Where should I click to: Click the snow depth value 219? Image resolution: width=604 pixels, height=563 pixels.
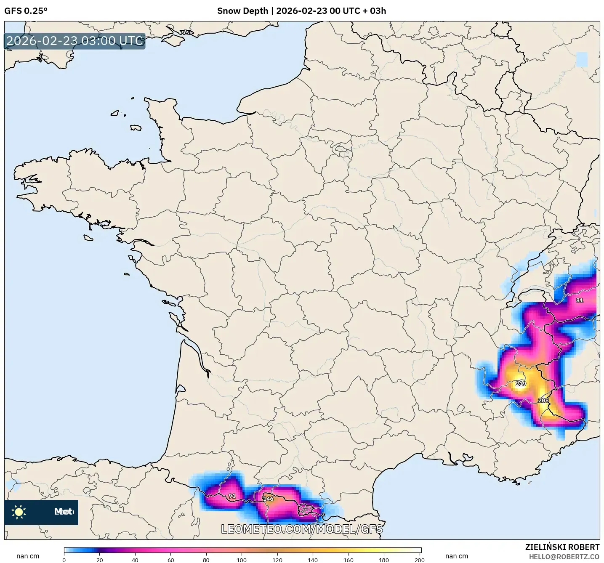[521, 384]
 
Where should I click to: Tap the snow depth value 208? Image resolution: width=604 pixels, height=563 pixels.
[543, 401]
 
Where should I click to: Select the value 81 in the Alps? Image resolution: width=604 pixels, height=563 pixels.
[580, 300]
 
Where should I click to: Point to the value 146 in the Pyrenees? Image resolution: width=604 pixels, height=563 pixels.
[268, 499]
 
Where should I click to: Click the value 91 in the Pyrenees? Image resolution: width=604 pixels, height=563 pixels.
[232, 497]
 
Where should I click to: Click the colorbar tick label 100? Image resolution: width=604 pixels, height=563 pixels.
[242, 560]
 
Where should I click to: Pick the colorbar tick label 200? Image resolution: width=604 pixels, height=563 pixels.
[419, 560]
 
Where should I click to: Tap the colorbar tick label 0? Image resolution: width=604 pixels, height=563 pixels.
[64, 560]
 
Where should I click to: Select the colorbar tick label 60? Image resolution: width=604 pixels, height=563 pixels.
[170, 560]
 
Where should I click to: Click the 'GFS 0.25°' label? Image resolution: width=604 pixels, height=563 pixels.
[26, 11]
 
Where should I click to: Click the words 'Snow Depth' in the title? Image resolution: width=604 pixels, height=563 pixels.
[242, 11]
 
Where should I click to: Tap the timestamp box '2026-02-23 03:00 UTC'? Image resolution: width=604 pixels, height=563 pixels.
[75, 41]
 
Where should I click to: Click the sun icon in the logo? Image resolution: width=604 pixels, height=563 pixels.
[19, 512]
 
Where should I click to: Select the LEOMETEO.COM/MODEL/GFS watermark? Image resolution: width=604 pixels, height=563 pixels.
[302, 529]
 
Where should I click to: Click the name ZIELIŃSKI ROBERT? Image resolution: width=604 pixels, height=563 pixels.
[562, 547]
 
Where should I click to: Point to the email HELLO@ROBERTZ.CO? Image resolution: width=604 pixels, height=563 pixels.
[564, 557]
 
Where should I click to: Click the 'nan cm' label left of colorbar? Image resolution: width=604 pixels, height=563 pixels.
[28, 556]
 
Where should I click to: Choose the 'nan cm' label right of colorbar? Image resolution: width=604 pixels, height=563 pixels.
[457, 556]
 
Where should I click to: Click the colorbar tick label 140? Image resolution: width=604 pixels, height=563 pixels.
[313, 560]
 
